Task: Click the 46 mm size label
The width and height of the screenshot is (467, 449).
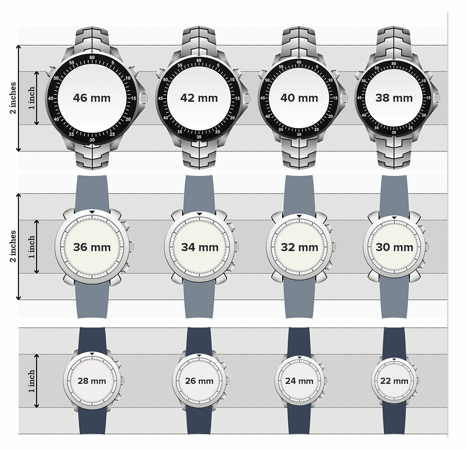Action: coord(92,98)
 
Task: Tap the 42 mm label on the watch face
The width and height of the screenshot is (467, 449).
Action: coord(199,98)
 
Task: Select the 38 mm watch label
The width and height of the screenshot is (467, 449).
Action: coord(394,98)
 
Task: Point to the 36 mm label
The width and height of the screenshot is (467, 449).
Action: coord(92,247)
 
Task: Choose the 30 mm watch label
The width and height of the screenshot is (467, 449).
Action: coord(394,247)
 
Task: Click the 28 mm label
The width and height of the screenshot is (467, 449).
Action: coord(92,381)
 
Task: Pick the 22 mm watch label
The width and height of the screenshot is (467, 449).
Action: coord(394,381)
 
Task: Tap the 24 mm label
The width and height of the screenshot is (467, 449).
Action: coord(299,381)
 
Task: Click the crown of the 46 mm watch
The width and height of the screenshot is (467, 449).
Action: coord(144,98)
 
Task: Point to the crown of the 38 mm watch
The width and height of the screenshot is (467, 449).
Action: coord(437,98)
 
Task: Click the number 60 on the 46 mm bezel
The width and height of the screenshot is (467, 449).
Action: coord(92,58)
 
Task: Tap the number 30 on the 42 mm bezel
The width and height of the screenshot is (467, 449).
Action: coord(199,137)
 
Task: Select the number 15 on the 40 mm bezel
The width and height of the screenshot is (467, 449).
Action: coord(335,98)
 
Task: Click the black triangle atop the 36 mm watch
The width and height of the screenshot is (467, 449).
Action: coord(92,212)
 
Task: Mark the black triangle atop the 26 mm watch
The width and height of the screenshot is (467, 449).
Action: coord(199,355)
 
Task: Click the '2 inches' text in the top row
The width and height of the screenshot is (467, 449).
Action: coord(12,98)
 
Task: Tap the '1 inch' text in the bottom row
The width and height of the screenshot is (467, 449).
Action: coord(32,381)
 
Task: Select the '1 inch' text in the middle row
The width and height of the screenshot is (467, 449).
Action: coord(32,247)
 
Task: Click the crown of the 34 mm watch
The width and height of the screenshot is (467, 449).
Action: coord(236,247)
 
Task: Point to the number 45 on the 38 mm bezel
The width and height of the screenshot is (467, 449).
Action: coord(360,98)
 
